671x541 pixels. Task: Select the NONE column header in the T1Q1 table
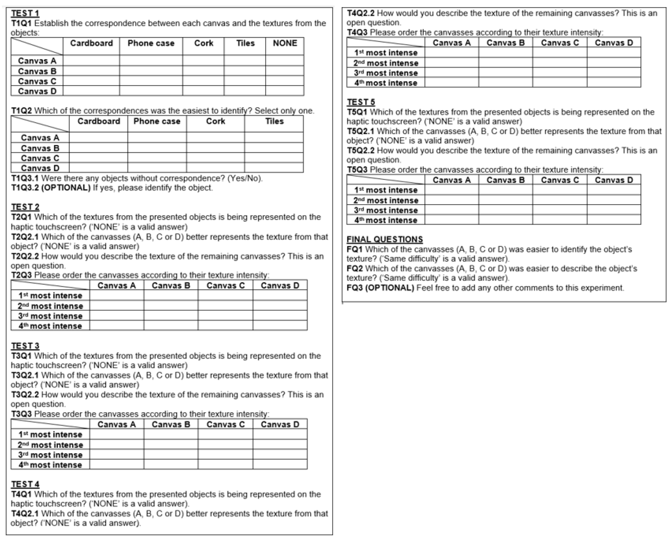point(285,43)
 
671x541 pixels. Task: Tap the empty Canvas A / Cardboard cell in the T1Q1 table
point(91,60)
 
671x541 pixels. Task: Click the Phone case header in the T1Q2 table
point(157,121)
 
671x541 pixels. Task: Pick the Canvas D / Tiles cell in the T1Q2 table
point(274,168)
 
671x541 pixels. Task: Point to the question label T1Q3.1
point(25,178)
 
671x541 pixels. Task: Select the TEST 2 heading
point(25,207)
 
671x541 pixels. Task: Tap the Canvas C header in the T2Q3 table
point(225,285)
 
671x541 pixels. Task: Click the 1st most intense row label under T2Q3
point(50,296)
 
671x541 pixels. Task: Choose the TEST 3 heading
point(25,346)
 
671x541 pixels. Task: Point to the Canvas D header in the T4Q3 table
point(614,43)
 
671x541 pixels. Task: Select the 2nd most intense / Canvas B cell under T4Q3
point(505,63)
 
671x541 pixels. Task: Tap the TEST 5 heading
point(361,102)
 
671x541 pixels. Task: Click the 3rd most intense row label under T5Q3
point(386,210)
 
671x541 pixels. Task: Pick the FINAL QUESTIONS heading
point(384,239)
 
